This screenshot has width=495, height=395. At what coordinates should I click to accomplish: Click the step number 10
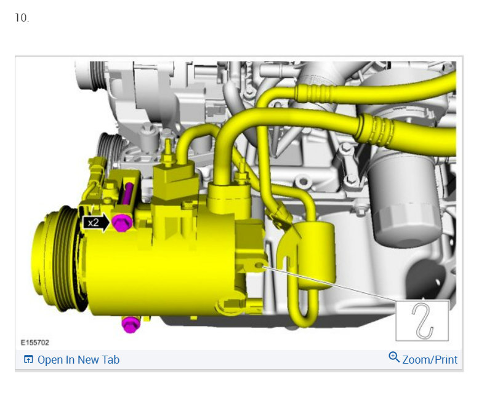click(x=22, y=18)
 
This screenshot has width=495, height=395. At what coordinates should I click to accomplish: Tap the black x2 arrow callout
click(x=95, y=223)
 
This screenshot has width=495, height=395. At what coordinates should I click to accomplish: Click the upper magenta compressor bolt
click(x=122, y=223)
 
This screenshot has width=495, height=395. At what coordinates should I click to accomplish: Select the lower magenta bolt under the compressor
click(x=130, y=325)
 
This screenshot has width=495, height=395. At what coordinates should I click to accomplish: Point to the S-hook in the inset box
click(x=423, y=321)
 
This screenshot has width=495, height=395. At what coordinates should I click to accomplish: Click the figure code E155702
click(x=35, y=342)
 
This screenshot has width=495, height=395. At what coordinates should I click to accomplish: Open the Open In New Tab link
click(x=78, y=360)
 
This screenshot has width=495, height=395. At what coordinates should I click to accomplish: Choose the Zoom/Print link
click(x=430, y=360)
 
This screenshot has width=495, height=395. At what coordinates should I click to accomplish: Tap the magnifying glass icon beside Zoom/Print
click(x=393, y=357)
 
